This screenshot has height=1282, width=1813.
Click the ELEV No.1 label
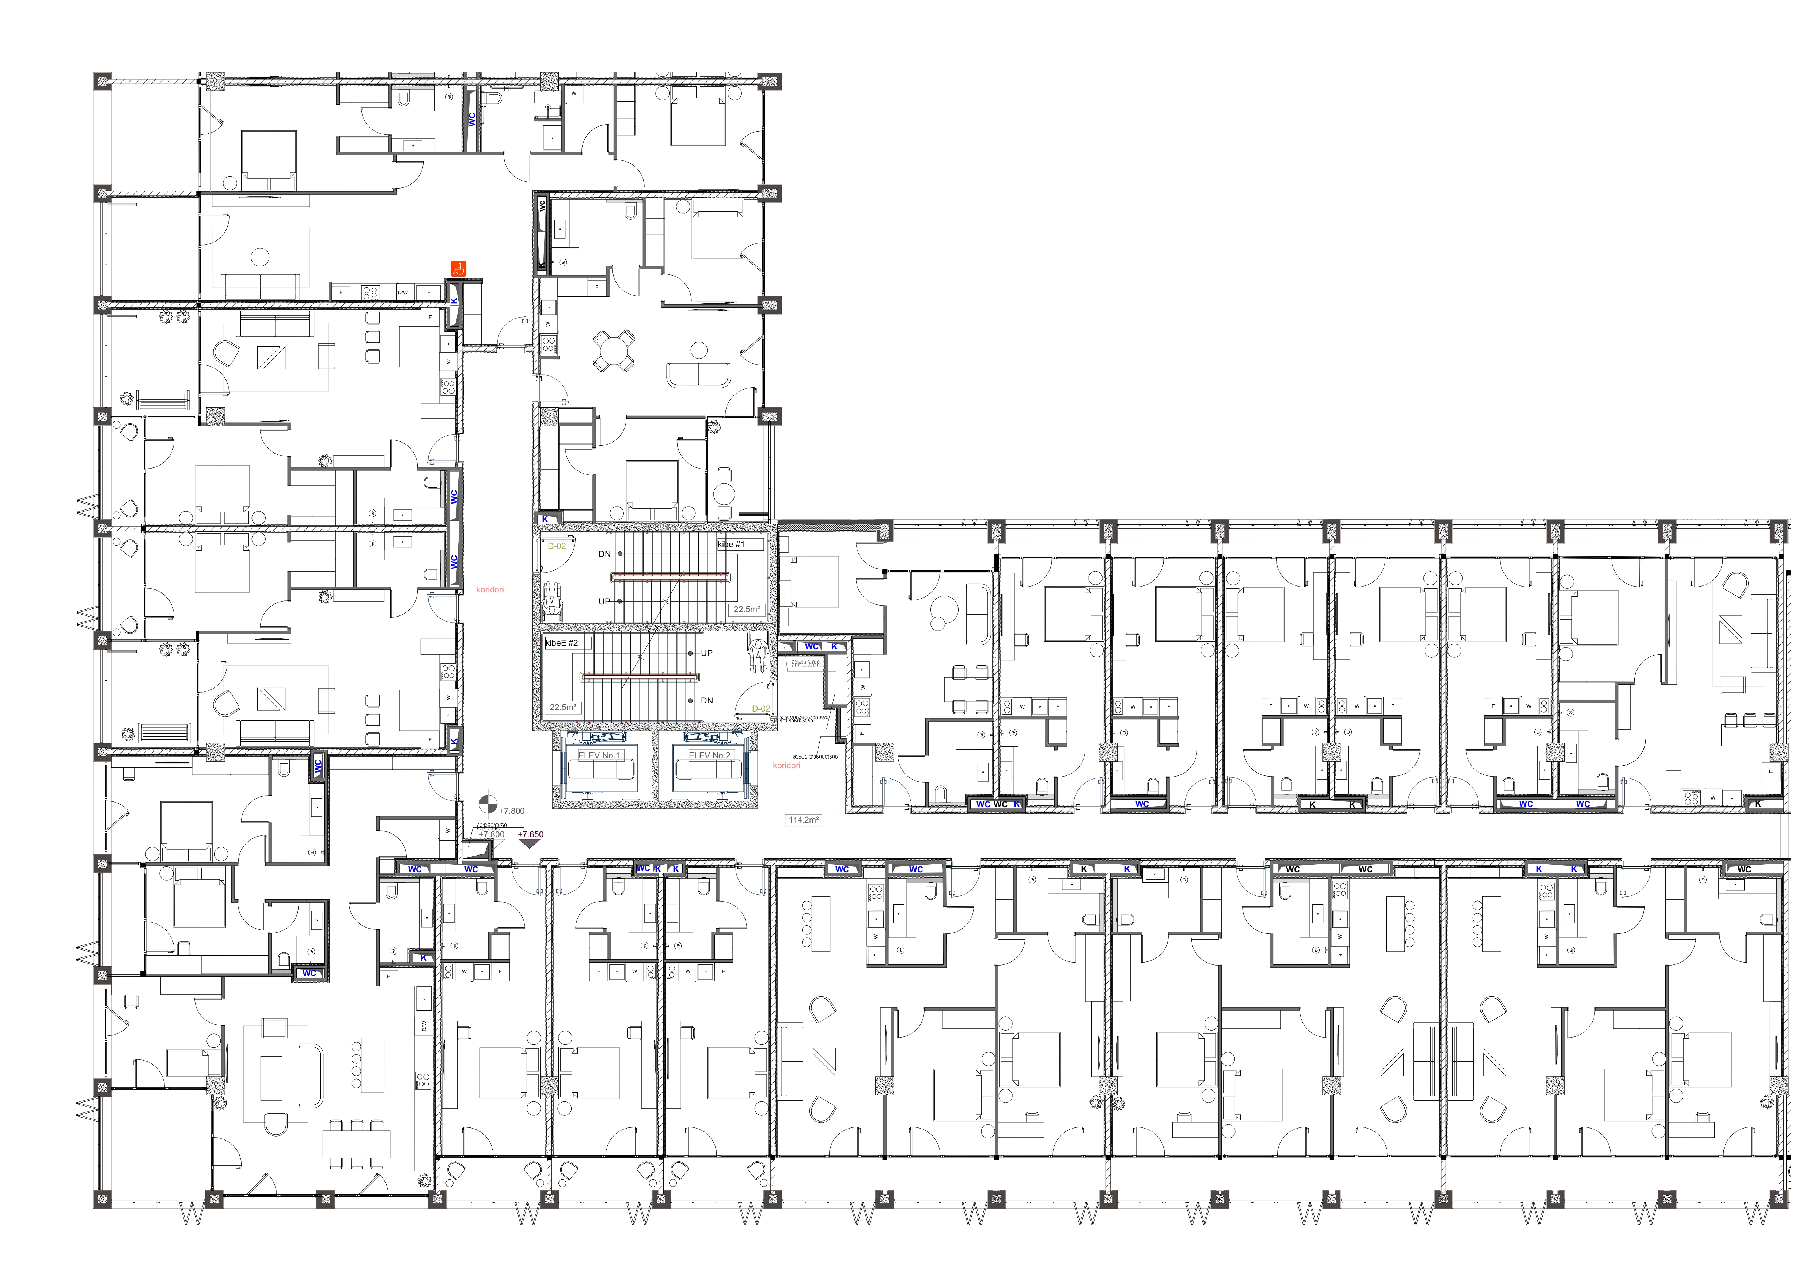tap(599, 755)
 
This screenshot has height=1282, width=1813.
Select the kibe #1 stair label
tap(731, 545)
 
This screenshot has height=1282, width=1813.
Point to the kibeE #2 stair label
tap(562, 643)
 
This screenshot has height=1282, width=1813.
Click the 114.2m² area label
tap(804, 820)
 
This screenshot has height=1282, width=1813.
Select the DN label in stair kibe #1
tap(605, 554)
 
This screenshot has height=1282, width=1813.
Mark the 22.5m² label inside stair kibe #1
tap(746, 610)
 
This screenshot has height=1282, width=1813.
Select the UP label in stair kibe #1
tap(605, 602)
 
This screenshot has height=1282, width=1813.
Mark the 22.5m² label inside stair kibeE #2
tap(563, 707)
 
